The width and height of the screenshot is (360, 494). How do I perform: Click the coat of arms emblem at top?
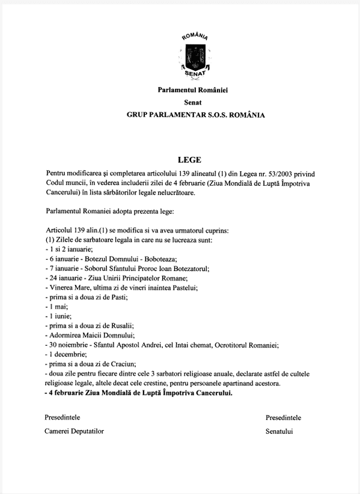(194, 58)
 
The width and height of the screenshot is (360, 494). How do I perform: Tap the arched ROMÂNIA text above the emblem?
(194, 38)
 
